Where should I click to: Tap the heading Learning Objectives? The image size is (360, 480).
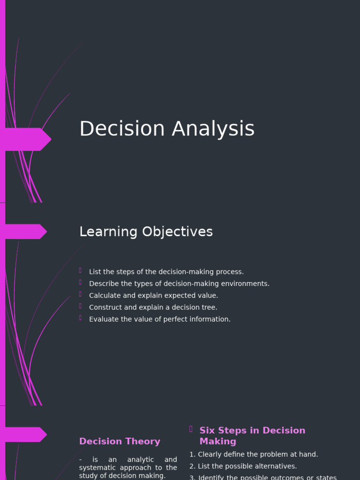[x=146, y=232]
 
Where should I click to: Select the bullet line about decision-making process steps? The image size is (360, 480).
[x=166, y=272]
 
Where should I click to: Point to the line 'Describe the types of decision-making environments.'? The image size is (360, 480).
[x=179, y=284]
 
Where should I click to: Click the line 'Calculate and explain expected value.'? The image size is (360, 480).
[x=153, y=295]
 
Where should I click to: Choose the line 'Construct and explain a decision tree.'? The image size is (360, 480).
[x=153, y=307]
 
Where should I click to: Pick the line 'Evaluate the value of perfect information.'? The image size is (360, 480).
[x=159, y=319]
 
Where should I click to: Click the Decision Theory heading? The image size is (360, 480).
[x=120, y=441]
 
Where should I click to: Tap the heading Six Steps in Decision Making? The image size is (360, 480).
[x=252, y=435]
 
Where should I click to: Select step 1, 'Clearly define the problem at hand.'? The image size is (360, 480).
[x=254, y=454]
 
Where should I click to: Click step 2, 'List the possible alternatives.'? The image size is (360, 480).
[x=243, y=466]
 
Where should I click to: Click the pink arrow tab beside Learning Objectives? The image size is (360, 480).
[x=26, y=232]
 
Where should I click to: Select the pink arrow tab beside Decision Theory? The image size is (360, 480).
[x=26, y=435]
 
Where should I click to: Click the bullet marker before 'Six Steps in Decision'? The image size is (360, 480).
[x=191, y=429]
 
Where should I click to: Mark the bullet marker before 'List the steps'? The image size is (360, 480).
[x=81, y=270]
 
